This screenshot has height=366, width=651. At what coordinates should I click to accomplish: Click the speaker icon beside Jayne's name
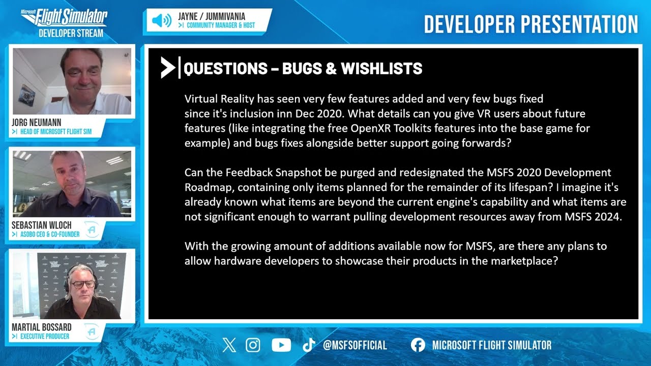[162, 21]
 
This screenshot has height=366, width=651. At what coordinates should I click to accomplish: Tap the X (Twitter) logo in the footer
[229, 345]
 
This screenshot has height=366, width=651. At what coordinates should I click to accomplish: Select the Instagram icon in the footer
[253, 345]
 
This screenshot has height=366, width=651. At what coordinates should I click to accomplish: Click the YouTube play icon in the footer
[281, 345]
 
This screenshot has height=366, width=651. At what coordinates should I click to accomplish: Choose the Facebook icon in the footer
[418, 345]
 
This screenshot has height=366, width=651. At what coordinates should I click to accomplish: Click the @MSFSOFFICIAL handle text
[354, 345]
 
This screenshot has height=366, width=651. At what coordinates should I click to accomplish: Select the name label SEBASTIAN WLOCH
[42, 225]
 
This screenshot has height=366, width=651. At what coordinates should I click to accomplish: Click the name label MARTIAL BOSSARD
[42, 327]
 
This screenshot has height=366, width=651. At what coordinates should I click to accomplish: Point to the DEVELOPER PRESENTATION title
[530, 24]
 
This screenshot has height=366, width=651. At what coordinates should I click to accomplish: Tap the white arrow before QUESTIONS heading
[167, 68]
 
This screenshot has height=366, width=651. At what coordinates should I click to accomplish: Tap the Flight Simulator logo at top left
[65, 19]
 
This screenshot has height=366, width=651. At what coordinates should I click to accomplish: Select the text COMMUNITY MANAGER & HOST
[221, 25]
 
